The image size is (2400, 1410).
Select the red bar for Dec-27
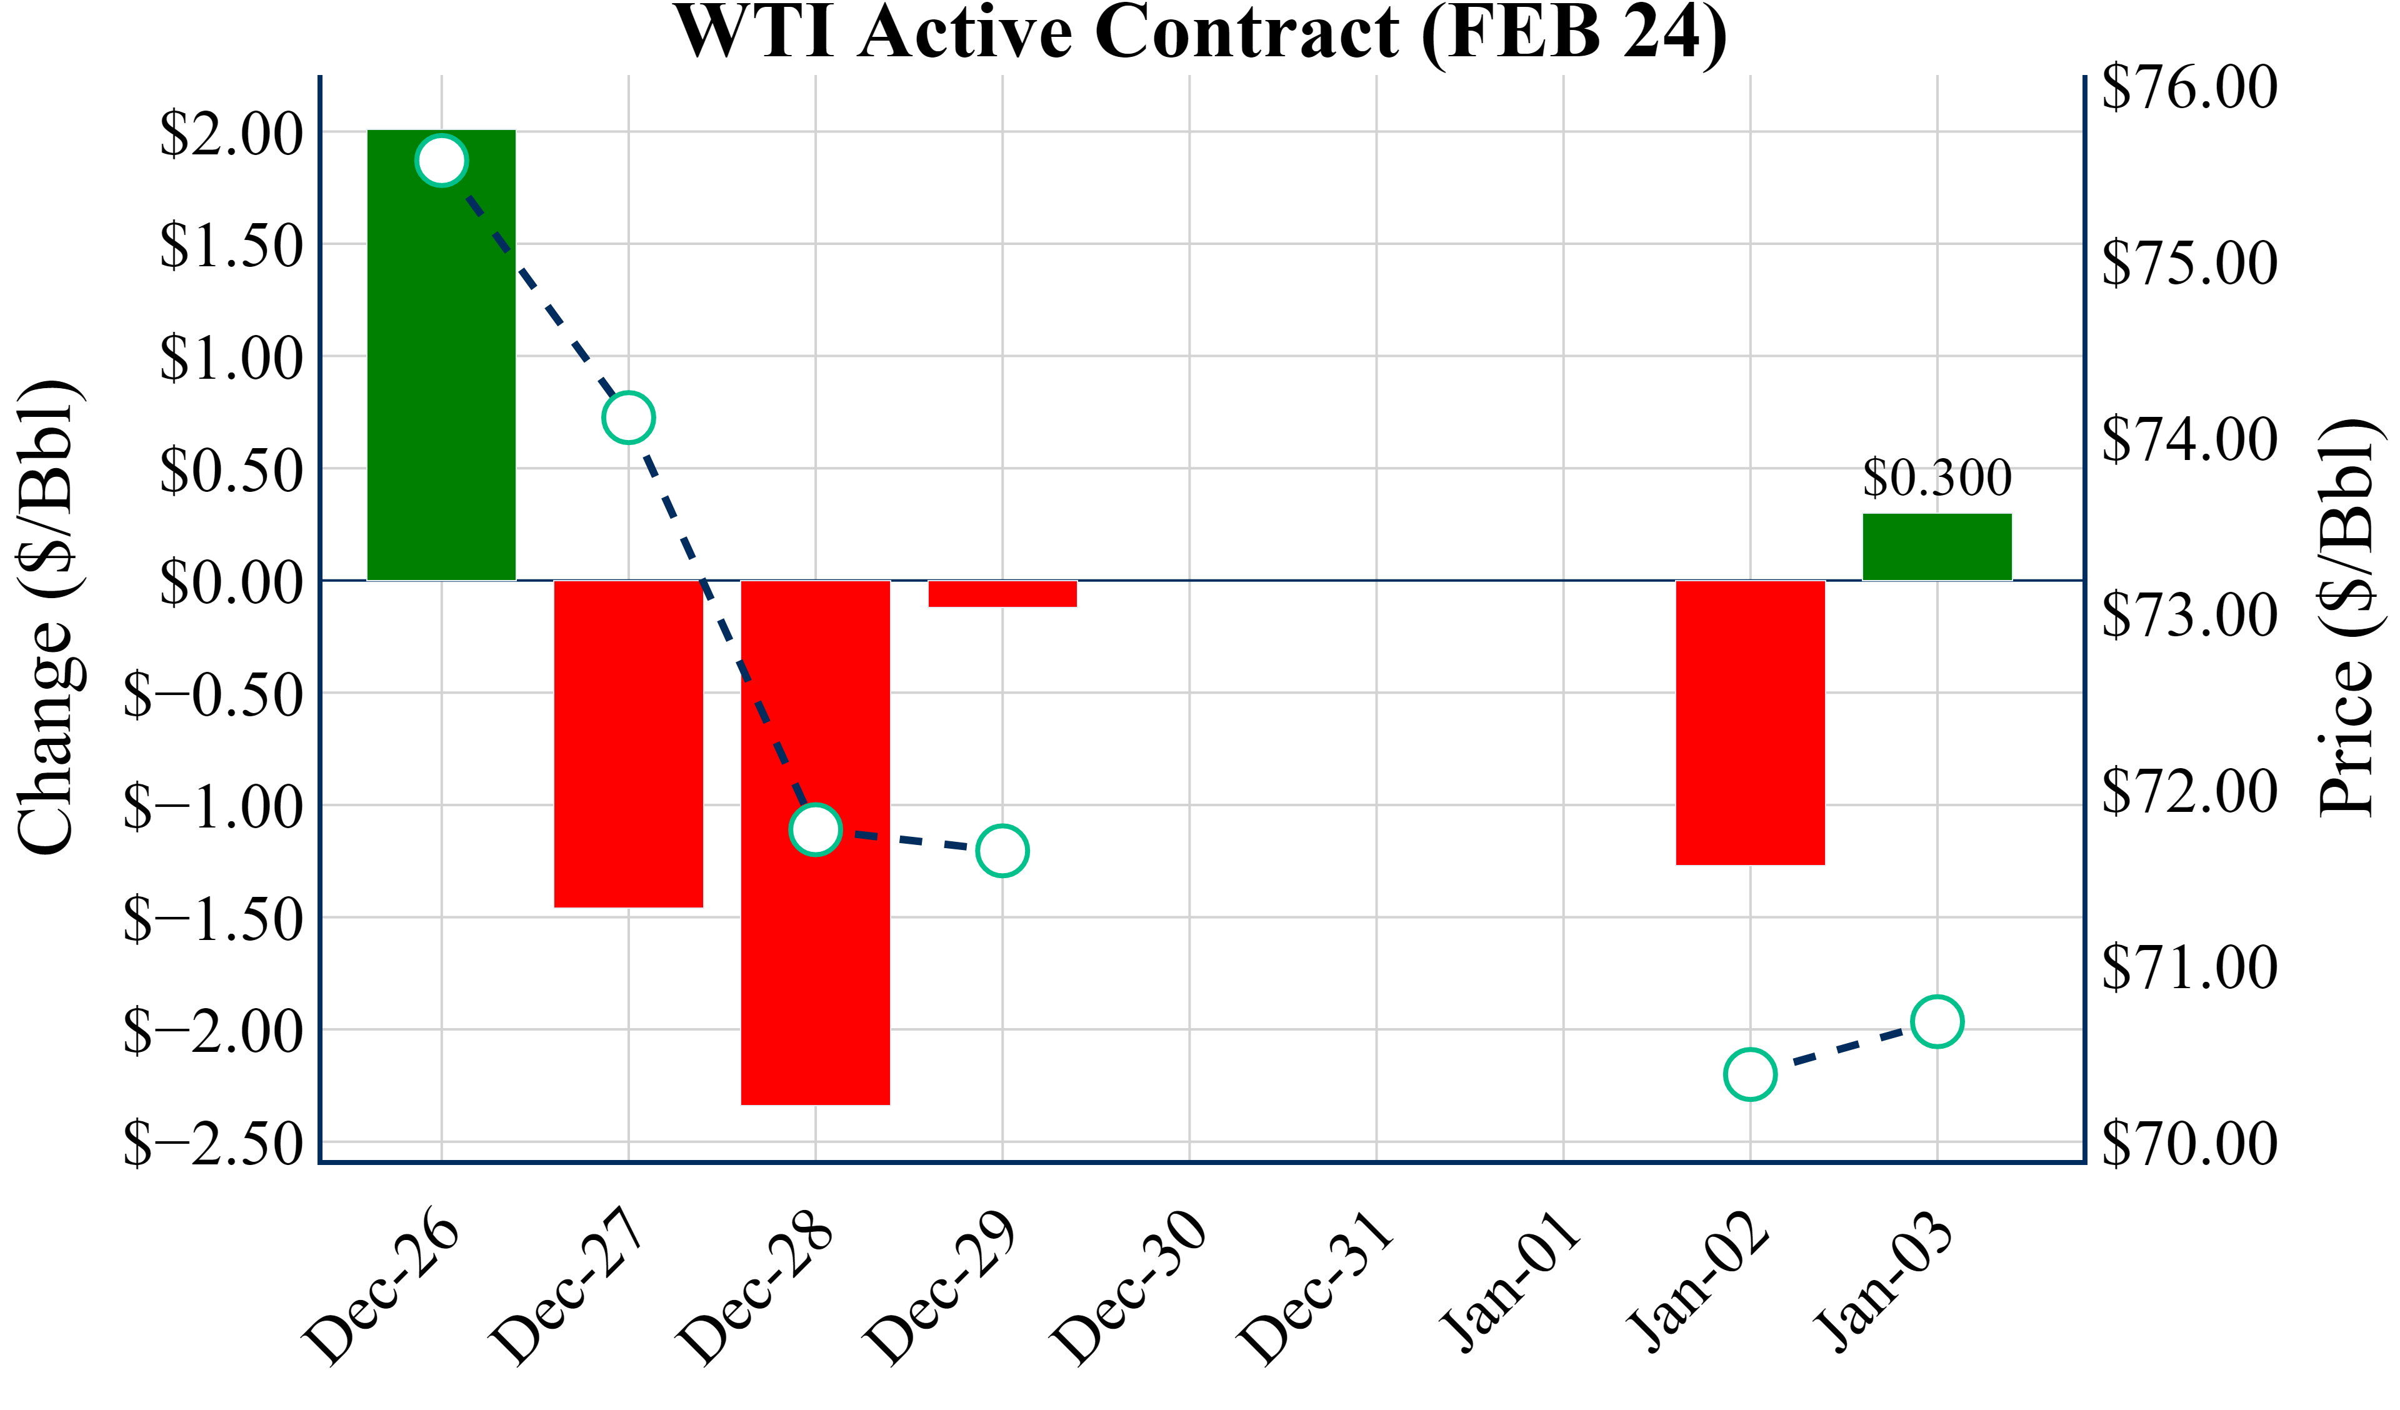pos(629,743)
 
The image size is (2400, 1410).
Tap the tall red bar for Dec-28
pos(815,952)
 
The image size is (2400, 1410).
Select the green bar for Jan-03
pos(1937,547)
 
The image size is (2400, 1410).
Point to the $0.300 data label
pos(1937,477)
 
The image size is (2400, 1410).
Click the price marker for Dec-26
pos(441,160)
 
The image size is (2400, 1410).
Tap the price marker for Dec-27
pos(629,417)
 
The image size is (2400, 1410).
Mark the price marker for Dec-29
pos(1002,850)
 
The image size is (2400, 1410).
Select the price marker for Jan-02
pos(1749,1074)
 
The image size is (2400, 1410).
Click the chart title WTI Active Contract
pos(1200,32)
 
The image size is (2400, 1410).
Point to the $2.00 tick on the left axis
pos(231,133)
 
